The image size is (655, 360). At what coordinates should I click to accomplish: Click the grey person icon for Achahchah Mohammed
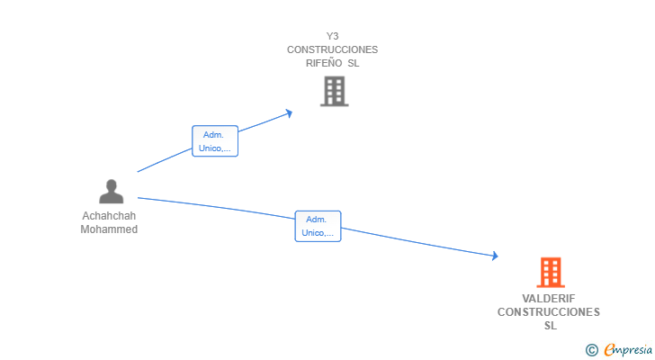tap(111, 192)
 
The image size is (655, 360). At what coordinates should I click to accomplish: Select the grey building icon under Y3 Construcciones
tap(334, 91)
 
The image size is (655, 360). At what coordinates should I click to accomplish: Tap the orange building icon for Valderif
tap(550, 272)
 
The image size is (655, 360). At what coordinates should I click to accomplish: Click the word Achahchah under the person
tap(109, 216)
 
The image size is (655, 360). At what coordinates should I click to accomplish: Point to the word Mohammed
tap(109, 229)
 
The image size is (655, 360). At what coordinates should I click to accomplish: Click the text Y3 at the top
tap(333, 36)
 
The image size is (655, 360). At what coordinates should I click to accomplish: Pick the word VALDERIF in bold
tap(549, 299)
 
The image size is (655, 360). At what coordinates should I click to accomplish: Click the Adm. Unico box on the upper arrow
tap(215, 141)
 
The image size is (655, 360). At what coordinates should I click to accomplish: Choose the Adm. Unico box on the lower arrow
tap(318, 226)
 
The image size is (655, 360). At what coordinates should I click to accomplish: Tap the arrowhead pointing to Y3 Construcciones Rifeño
tap(289, 112)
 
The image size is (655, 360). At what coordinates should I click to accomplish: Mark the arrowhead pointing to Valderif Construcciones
tap(494, 256)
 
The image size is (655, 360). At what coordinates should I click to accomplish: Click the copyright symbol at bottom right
tap(591, 350)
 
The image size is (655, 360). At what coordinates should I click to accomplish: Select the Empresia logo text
tap(628, 349)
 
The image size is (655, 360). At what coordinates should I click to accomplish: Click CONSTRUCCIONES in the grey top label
tap(333, 49)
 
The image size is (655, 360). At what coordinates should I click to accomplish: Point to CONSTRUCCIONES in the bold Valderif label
tap(549, 312)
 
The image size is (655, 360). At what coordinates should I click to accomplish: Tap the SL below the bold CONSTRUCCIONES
tap(550, 326)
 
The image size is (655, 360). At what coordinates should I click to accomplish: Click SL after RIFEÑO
tap(354, 63)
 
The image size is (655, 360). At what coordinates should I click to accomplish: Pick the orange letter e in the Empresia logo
tap(610, 350)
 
